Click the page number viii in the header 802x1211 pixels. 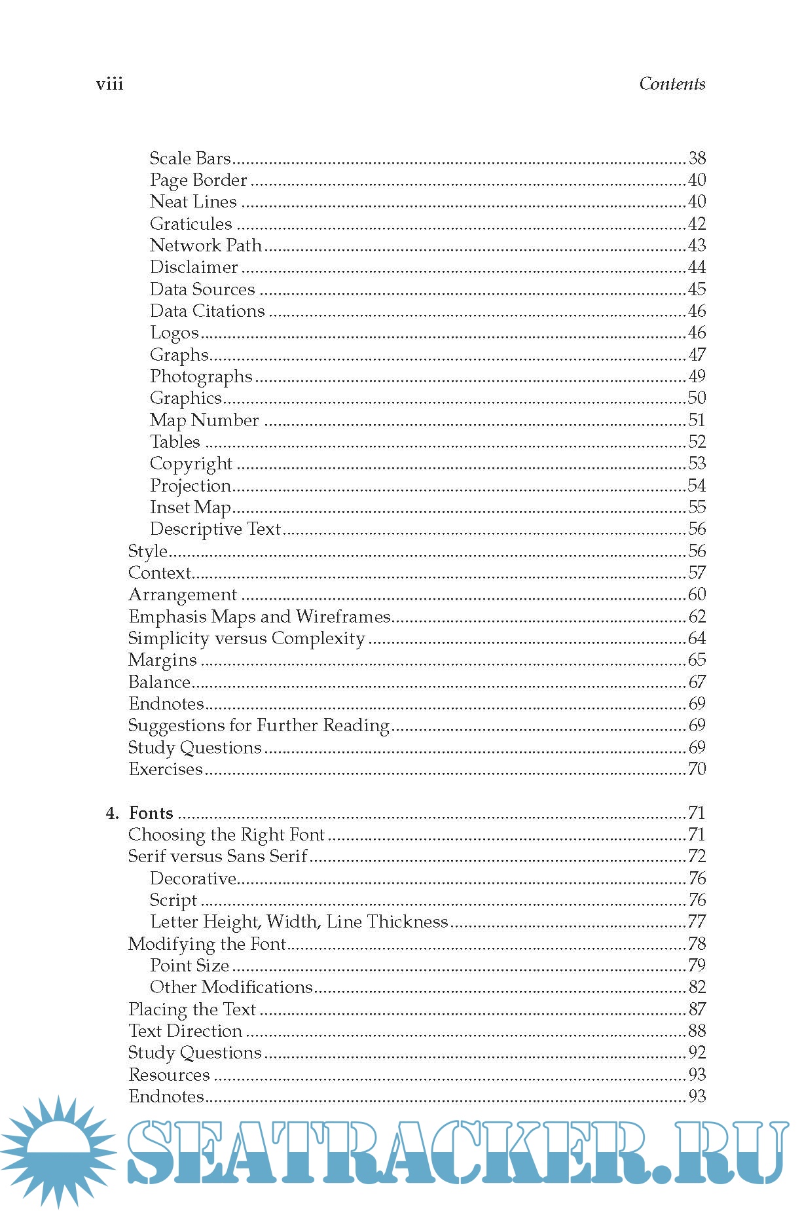pyautogui.click(x=109, y=84)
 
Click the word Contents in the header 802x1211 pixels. pyautogui.click(x=672, y=84)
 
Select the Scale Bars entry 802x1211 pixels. pyautogui.click(x=190, y=158)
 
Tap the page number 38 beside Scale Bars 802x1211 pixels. pyautogui.click(x=697, y=158)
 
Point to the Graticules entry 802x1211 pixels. pyautogui.click(x=191, y=224)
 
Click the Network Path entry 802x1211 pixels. pyautogui.click(x=206, y=245)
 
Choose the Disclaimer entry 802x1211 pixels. pyautogui.click(x=194, y=267)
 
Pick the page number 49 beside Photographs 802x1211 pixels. pyautogui.click(x=697, y=376)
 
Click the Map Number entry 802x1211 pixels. pyautogui.click(x=204, y=420)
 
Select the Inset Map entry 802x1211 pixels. pyautogui.click(x=190, y=507)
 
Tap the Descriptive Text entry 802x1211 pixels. pyautogui.click(x=215, y=529)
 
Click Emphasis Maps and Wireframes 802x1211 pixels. pyautogui.click(x=259, y=617)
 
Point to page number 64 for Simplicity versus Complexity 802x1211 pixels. pyautogui.click(x=697, y=638)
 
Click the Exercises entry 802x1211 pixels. pyautogui.click(x=166, y=769)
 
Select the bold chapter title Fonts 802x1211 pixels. pyautogui.click(x=151, y=813)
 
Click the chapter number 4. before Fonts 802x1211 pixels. pyautogui.click(x=113, y=813)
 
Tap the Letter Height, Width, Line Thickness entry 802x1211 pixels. pyautogui.click(x=299, y=922)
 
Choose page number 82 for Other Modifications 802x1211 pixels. pyautogui.click(x=697, y=987)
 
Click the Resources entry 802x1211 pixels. pyautogui.click(x=169, y=1075)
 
